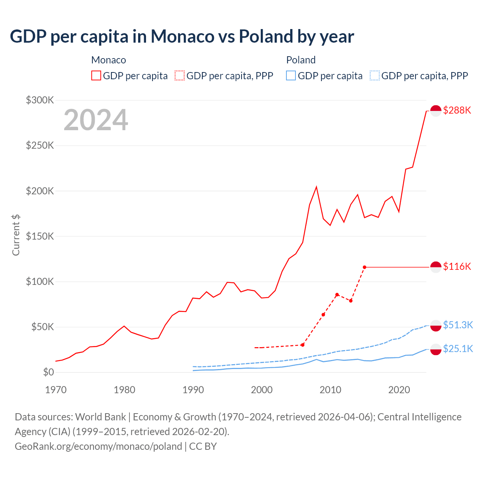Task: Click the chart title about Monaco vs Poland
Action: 182,37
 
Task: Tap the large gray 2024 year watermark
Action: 96,120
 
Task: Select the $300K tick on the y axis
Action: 40,100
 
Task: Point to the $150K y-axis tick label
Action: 40,236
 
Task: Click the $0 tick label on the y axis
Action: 48,372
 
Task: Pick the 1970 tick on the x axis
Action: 56,390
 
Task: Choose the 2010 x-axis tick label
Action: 330,390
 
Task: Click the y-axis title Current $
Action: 16,235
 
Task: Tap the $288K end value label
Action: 457,110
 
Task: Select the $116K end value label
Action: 457,266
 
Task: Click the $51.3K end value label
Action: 458,325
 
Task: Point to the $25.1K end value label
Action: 458,349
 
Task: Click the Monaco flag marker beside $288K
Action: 436,111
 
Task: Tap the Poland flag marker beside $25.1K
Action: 436,349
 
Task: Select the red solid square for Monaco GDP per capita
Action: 96,76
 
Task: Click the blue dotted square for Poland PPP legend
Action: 375,76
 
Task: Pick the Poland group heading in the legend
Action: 301,60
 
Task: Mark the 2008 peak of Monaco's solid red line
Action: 316,187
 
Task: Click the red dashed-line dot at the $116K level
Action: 365,267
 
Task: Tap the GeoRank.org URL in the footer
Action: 98,446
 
